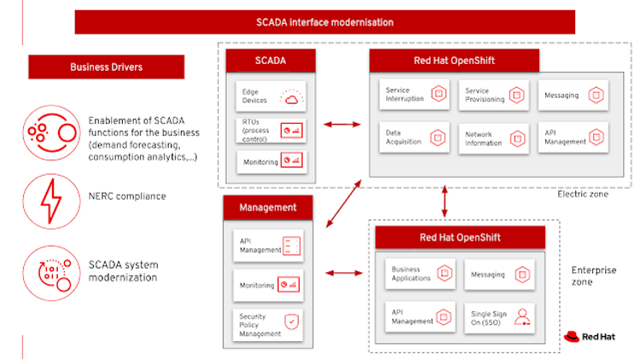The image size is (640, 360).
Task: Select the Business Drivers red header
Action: tap(107, 67)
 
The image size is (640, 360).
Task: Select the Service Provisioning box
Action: tap(492, 94)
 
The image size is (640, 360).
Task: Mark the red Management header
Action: tap(268, 206)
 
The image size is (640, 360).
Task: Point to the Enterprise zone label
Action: tap(593, 276)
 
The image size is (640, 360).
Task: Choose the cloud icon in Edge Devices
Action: tap(291, 100)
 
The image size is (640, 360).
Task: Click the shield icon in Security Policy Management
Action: tap(292, 322)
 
